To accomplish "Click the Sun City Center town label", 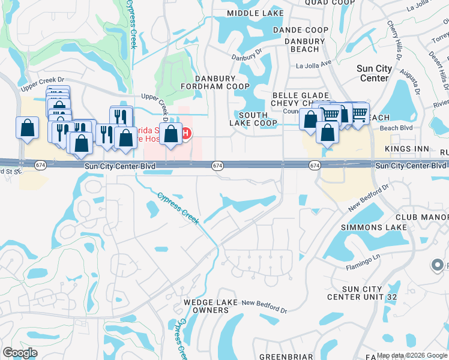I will pos(381,73).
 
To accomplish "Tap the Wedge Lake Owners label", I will pos(211,306).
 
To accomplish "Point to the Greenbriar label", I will pos(286,356).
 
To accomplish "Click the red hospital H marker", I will pos(186,133).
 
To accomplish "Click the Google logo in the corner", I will pos(20,353).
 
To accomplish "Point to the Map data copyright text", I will pos(412,356).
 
